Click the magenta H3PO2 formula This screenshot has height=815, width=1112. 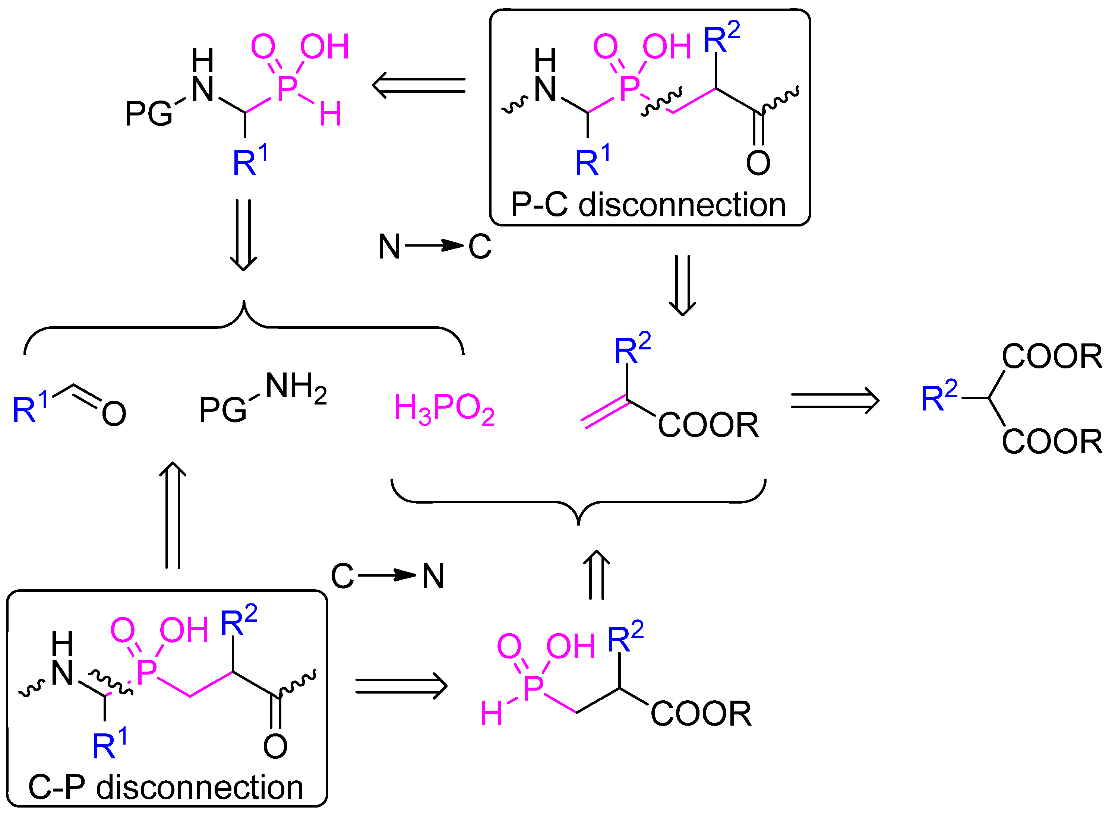(444, 409)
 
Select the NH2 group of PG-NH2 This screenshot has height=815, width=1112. (296, 387)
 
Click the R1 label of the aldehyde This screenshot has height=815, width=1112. (29, 407)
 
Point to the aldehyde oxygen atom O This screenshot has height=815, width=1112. (114, 413)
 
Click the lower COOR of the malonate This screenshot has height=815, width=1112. (1051, 441)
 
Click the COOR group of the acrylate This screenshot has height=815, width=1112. (708, 425)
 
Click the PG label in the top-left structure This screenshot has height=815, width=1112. (148, 114)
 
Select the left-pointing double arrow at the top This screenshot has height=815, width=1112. (418, 85)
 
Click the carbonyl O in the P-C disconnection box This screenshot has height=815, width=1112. (758, 163)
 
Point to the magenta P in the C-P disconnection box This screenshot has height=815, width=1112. (146, 672)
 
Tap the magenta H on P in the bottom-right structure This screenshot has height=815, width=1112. (491, 714)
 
